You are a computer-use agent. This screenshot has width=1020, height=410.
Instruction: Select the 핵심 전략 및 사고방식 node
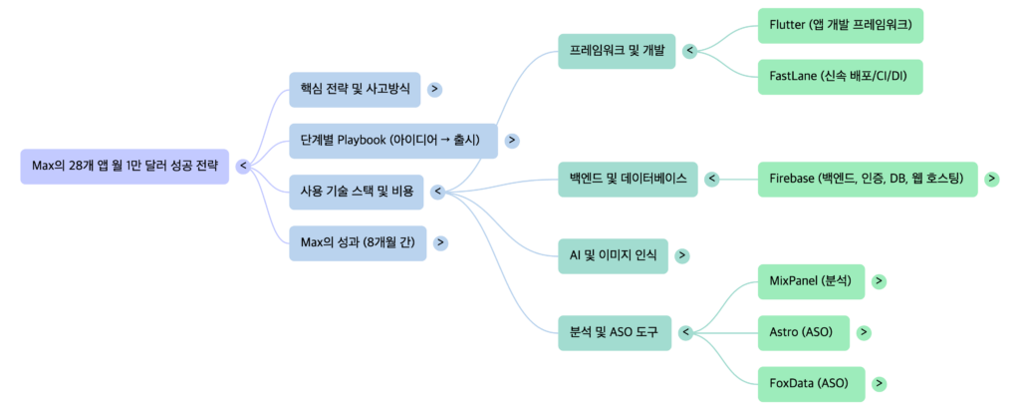[x=354, y=89]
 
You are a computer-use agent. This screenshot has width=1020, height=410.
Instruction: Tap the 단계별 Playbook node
[x=389, y=140]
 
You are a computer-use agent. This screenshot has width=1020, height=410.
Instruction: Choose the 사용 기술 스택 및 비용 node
[x=356, y=192]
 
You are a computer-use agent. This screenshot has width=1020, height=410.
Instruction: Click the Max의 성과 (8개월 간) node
[x=358, y=242]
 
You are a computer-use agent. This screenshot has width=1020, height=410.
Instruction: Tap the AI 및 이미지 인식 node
[x=613, y=255]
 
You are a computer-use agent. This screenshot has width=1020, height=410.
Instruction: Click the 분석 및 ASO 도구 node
[x=614, y=331]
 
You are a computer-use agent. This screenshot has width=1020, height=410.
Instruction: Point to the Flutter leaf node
[x=840, y=24]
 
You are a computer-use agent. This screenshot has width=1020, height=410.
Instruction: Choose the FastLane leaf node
[x=840, y=76]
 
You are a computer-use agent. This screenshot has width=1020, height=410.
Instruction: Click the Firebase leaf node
[x=866, y=179]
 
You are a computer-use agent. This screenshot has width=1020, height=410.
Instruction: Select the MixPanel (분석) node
[x=810, y=281]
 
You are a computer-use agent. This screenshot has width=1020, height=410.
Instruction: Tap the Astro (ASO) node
[x=801, y=332]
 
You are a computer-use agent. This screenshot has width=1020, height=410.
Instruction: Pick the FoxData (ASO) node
[x=809, y=383]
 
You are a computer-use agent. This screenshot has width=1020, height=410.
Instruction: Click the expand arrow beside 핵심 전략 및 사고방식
[x=434, y=89]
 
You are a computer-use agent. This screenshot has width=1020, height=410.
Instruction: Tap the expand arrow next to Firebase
[x=991, y=179]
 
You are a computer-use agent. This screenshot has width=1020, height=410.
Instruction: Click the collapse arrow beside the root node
[x=243, y=166]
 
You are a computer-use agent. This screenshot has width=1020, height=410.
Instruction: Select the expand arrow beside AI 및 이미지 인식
[x=681, y=255]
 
